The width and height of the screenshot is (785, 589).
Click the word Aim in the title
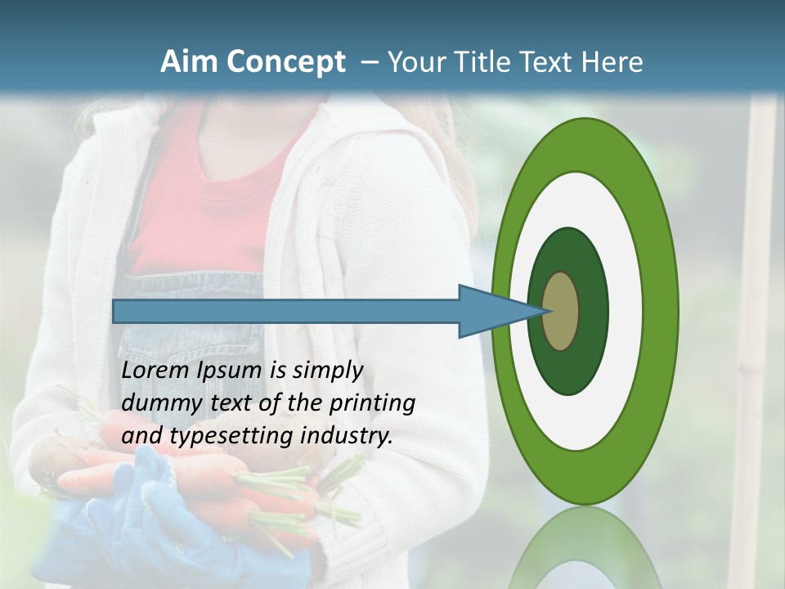tap(190, 62)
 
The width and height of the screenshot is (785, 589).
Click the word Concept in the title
tap(285, 62)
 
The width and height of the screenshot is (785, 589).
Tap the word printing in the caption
tap(372, 403)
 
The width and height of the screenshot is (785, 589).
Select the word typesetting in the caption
tap(232, 436)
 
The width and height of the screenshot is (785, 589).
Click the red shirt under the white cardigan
tap(204, 205)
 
